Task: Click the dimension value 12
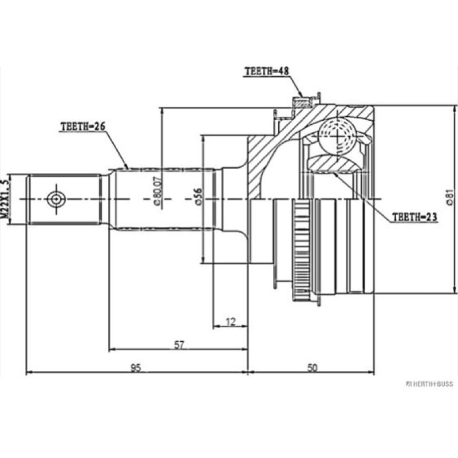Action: click(230, 322)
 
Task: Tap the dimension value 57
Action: click(179, 345)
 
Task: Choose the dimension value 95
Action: click(136, 368)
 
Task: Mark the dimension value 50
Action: click(312, 368)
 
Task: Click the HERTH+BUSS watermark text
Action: click(430, 383)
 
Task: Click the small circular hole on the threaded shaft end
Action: click(56, 199)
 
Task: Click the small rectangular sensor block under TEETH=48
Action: click(302, 103)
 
